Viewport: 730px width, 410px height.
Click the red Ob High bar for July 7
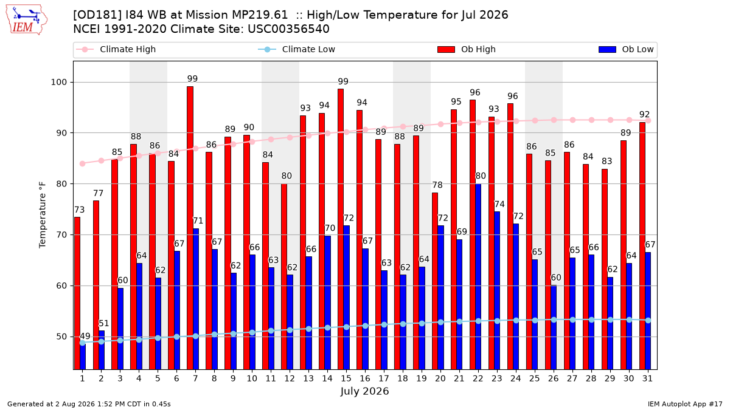[x=190, y=228]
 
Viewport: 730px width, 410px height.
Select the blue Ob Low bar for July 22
[x=478, y=276]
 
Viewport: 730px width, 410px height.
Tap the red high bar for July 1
[x=77, y=293]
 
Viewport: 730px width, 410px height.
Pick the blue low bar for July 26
[x=554, y=327]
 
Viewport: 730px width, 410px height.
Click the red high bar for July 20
[x=435, y=281]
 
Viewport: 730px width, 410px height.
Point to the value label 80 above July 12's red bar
[x=287, y=176]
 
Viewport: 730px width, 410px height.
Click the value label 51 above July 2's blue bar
[x=103, y=323]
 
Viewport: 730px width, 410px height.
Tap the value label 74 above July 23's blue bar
[x=499, y=204]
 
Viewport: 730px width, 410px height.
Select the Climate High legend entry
[x=116, y=49]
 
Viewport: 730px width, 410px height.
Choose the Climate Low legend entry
[x=297, y=49]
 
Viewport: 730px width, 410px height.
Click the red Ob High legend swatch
[x=446, y=49]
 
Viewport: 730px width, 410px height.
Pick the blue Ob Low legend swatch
[x=607, y=49]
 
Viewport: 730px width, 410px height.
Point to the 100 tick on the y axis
[x=58, y=83]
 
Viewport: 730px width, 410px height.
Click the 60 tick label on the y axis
[x=61, y=285]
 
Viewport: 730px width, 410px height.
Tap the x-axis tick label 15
[x=346, y=379]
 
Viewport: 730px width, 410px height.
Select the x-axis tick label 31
[x=647, y=379]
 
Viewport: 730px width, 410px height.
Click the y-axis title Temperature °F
[x=43, y=215]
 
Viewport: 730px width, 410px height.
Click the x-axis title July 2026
[x=364, y=391]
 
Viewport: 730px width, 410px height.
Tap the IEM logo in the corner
[x=27, y=20]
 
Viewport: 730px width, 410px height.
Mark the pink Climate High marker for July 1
[x=83, y=163]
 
